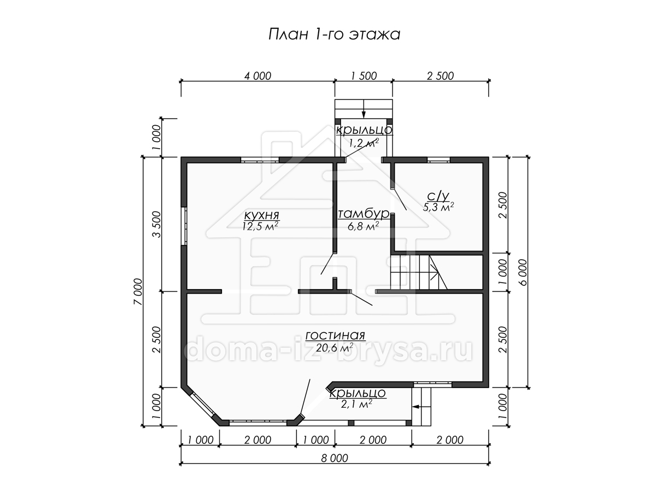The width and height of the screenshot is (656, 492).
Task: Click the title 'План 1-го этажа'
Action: (x=334, y=34)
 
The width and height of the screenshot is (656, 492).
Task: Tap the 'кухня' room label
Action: (x=261, y=215)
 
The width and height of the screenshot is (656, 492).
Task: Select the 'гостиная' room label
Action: (x=335, y=336)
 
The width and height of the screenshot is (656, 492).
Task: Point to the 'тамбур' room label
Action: (x=364, y=214)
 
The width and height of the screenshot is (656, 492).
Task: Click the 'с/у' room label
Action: (x=438, y=196)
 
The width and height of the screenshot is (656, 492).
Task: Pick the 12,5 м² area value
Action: (x=260, y=226)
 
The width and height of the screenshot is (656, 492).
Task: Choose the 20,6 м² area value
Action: (x=334, y=348)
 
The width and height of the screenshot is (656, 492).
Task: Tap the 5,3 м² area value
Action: (x=438, y=207)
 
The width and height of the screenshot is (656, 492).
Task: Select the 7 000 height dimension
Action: (x=138, y=291)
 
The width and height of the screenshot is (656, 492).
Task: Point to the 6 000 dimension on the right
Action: (x=523, y=272)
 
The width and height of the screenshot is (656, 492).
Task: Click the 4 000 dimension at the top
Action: (x=257, y=76)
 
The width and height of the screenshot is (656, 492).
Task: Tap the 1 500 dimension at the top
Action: (x=364, y=76)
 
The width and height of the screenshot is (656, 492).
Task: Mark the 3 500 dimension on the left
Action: (x=156, y=224)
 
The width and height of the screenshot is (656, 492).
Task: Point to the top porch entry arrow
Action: (x=364, y=109)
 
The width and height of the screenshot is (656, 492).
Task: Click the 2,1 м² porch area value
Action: (x=356, y=405)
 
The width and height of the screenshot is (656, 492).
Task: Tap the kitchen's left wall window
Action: (x=184, y=226)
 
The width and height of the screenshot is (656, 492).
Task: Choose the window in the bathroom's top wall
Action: (x=438, y=160)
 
